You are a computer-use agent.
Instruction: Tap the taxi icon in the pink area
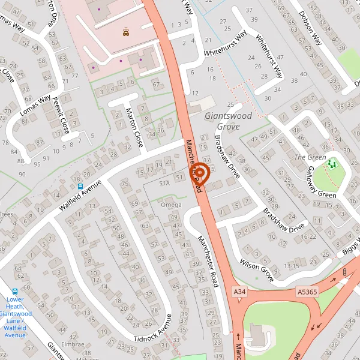pos(125,32)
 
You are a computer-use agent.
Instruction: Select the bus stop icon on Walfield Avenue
pos(80,186)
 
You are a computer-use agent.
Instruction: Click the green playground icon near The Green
pos(332,163)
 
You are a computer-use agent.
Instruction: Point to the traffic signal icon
pos(344,272)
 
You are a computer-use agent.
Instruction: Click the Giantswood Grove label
pos(222,121)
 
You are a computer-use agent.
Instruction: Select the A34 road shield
pos(240,291)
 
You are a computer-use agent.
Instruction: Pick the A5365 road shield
pos(306,291)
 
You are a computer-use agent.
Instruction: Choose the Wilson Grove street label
pos(256,271)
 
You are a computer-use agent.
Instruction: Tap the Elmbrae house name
pos(73,344)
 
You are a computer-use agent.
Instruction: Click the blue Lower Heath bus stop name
pos(15,317)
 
